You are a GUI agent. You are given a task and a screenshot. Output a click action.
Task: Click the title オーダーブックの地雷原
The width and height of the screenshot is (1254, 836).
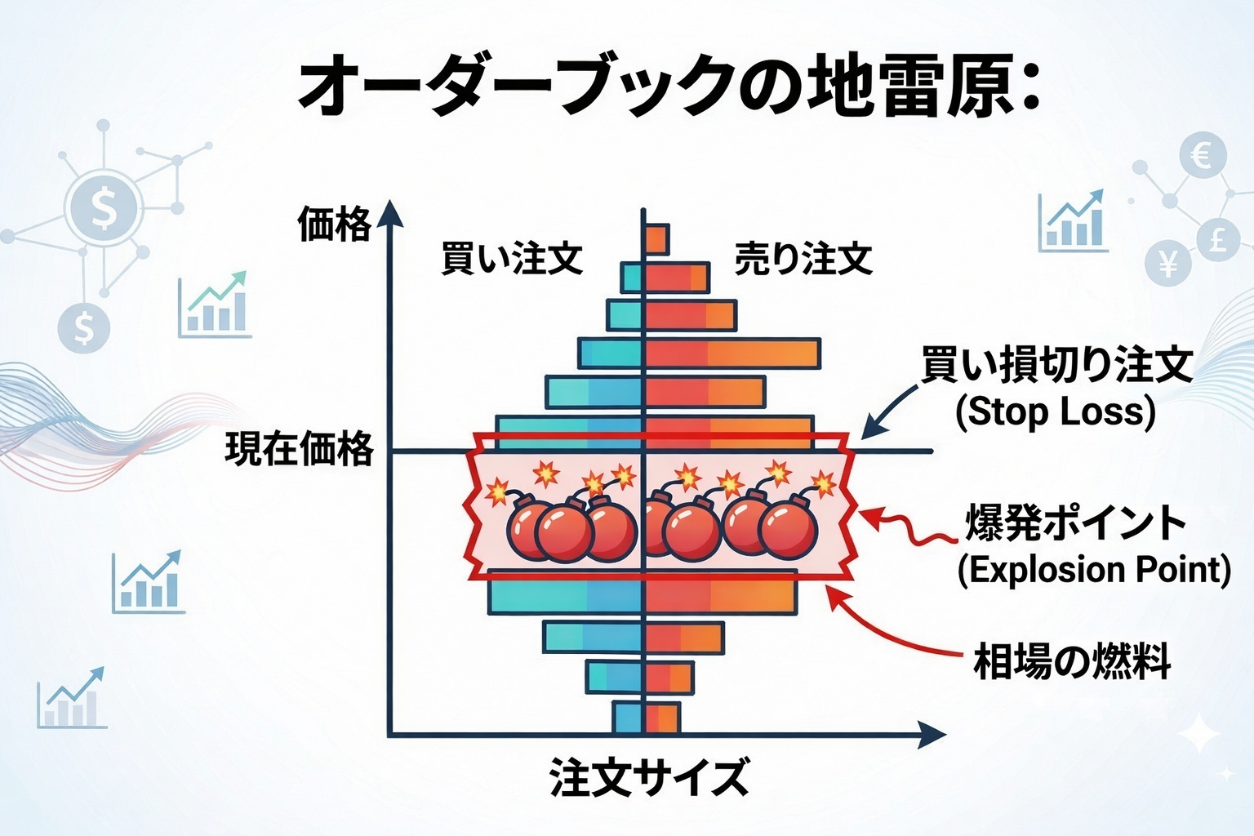[668, 87]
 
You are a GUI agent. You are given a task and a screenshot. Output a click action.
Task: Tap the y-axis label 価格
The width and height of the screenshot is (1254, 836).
[334, 224]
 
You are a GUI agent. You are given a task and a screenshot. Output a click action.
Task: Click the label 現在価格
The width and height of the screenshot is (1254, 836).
[299, 449]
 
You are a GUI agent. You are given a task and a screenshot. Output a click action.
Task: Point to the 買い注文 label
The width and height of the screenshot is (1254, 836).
[512, 258]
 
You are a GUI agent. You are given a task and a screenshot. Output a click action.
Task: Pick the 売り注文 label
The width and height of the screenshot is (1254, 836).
[803, 258]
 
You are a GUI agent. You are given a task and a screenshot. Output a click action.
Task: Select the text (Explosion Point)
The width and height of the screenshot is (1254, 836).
[1094, 569]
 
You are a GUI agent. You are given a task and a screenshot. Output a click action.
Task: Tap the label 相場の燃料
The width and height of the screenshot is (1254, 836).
[1072, 661]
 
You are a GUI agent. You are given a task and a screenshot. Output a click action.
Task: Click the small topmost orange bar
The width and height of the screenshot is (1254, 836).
[656, 238]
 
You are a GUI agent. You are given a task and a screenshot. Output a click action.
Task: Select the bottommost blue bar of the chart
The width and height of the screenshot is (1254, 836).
[628, 718]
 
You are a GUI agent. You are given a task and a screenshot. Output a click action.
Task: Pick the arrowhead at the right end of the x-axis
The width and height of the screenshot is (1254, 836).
[931, 735]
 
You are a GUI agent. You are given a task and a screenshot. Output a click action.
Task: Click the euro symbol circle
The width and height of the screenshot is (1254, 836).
[1202, 156]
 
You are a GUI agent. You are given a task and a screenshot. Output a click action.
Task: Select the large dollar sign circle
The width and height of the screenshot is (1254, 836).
[104, 208]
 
